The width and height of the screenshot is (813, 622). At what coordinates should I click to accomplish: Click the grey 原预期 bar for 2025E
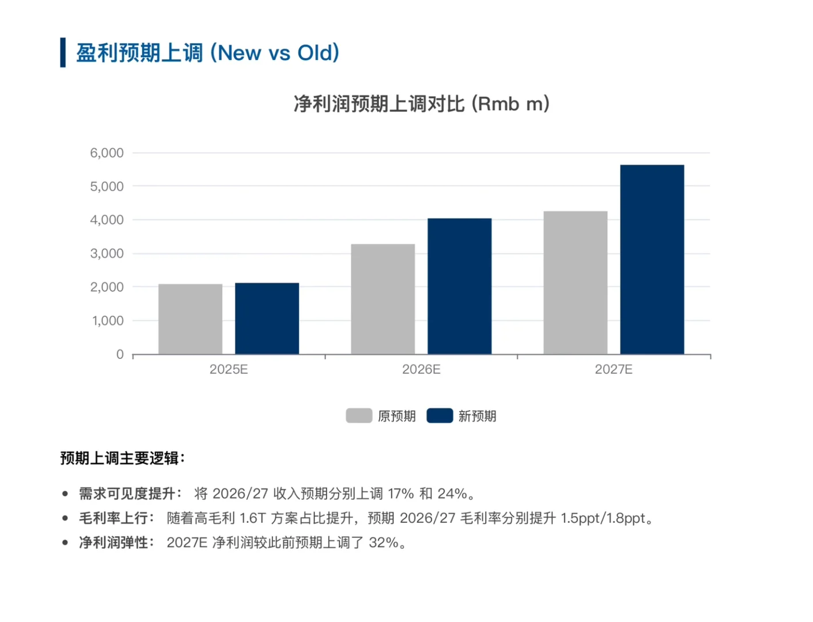pyautogui.click(x=190, y=319)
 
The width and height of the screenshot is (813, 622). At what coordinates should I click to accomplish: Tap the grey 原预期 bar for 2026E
pyautogui.click(x=383, y=299)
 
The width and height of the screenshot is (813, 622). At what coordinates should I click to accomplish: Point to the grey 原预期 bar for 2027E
pyautogui.click(x=575, y=283)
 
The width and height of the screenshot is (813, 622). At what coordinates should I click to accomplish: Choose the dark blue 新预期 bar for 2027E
pyautogui.click(x=652, y=259)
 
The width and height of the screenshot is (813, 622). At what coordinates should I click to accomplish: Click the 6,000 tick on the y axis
pyautogui.click(x=107, y=153)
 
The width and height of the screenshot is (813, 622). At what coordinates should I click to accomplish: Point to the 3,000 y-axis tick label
pyautogui.click(x=107, y=253)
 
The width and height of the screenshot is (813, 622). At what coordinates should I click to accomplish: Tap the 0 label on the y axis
pyautogui.click(x=120, y=354)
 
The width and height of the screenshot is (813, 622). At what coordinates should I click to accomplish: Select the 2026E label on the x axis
pyautogui.click(x=421, y=369)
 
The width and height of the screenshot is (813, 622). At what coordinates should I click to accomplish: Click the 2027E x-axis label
pyautogui.click(x=614, y=369)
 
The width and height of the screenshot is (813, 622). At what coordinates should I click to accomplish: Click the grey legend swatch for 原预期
pyautogui.click(x=359, y=416)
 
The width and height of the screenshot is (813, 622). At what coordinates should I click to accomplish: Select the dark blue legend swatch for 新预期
pyautogui.click(x=440, y=416)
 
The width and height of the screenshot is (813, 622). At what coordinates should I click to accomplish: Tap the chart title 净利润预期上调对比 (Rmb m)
pyautogui.click(x=421, y=104)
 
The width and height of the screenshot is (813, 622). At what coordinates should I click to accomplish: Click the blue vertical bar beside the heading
pyautogui.click(x=63, y=52)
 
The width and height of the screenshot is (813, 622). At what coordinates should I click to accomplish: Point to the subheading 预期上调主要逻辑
pyautogui.click(x=122, y=458)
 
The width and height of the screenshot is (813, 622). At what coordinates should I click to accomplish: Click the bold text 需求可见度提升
pyautogui.click(x=127, y=494)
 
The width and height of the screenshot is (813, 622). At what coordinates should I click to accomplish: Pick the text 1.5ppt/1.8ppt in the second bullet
pyautogui.click(x=603, y=518)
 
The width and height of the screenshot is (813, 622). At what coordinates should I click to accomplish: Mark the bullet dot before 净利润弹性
pyautogui.click(x=65, y=543)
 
